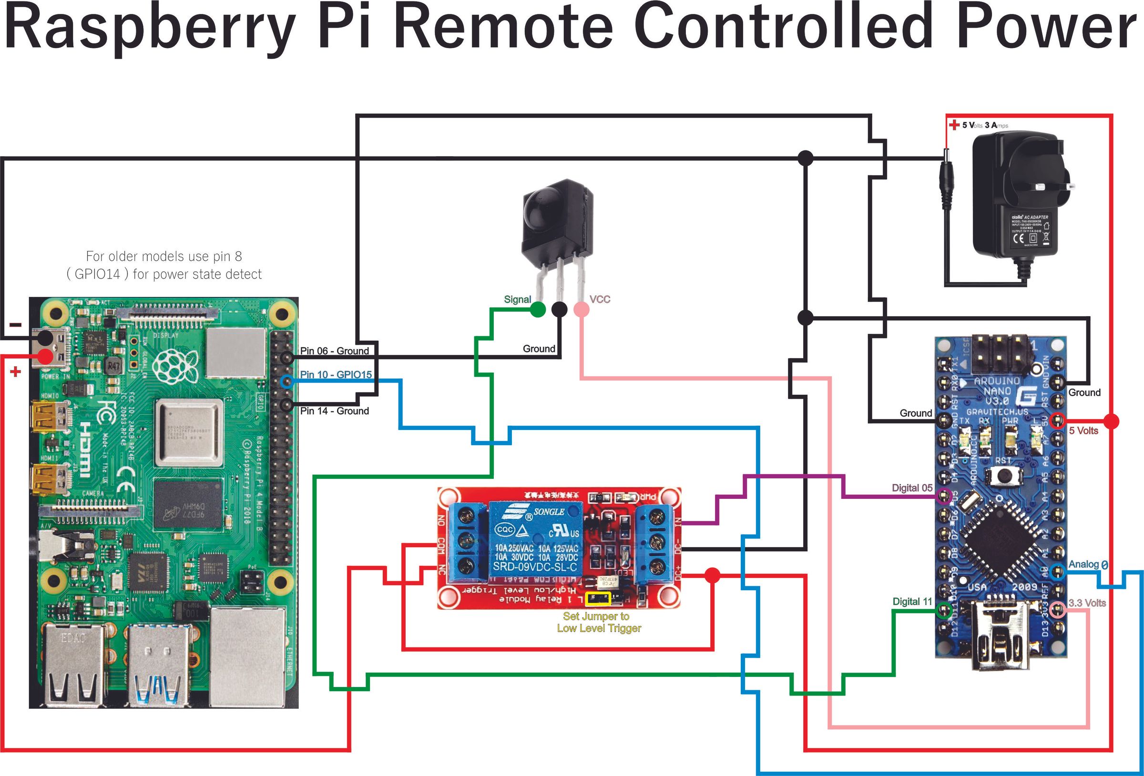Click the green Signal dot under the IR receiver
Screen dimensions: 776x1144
pyautogui.click(x=538, y=309)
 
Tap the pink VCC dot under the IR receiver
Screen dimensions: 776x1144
pyautogui.click(x=582, y=309)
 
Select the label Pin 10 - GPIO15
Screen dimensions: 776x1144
pyautogui.click(x=336, y=375)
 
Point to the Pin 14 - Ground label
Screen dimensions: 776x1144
pyautogui.click(x=334, y=411)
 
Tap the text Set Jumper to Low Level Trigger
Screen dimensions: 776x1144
pyautogui.click(x=598, y=622)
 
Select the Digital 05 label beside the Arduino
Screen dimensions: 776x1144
pyautogui.click(x=912, y=488)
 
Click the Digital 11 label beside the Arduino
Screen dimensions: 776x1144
pyautogui.click(x=912, y=601)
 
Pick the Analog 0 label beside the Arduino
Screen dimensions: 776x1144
pyautogui.click(x=1087, y=565)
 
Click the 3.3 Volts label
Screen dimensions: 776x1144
pyautogui.click(x=1087, y=603)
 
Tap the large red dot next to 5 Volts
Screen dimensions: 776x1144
pyautogui.click(x=1111, y=421)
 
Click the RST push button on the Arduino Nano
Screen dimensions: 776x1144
pyautogui.click(x=1001, y=475)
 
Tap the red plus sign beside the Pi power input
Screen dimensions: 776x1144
pyautogui.click(x=16, y=372)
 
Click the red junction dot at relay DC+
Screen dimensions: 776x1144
pyautogui.click(x=712, y=576)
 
